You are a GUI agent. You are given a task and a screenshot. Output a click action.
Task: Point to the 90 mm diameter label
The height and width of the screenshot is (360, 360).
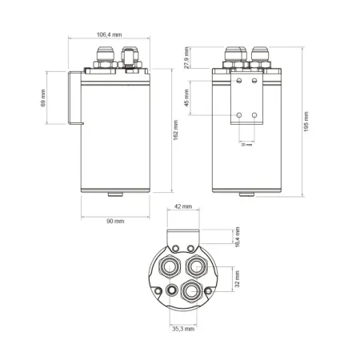[x=114, y=221]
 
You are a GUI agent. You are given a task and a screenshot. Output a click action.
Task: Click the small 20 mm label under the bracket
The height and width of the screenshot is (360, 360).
[x=246, y=146]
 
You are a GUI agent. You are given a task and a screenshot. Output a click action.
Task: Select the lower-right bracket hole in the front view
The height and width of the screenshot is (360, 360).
[x=254, y=116]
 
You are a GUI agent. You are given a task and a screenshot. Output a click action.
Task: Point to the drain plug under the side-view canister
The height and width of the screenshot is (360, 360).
[x=114, y=194]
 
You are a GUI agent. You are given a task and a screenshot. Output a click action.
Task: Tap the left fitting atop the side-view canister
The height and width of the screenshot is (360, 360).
[x=104, y=58]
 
